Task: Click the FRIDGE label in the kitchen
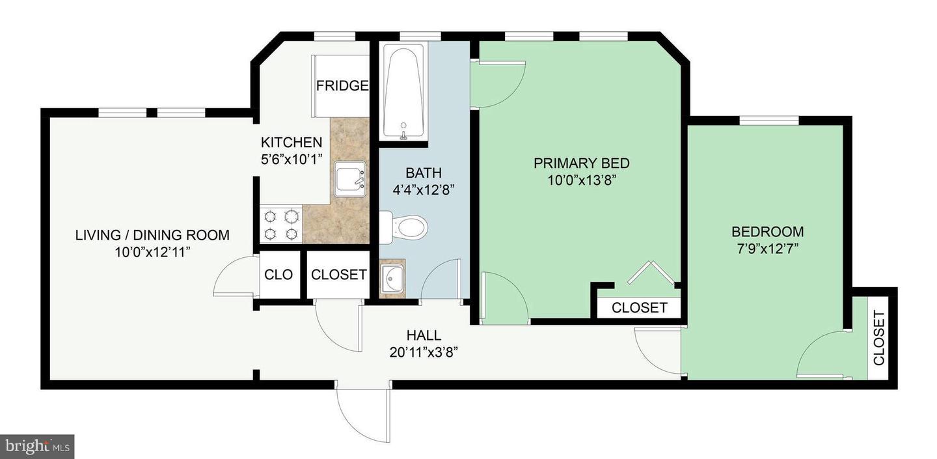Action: click(342, 86)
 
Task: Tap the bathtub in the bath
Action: click(403, 91)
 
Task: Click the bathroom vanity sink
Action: click(392, 280)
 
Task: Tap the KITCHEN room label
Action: click(291, 142)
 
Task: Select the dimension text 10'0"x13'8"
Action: click(581, 180)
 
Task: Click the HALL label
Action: click(424, 336)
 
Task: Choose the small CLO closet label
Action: click(278, 275)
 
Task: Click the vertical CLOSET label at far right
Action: click(878, 337)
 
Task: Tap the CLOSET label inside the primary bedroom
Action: click(639, 307)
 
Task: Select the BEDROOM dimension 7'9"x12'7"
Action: click(767, 248)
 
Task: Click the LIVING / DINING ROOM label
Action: click(152, 235)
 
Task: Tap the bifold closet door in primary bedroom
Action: click(649, 273)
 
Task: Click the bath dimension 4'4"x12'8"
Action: click(424, 190)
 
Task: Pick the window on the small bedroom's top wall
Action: click(768, 120)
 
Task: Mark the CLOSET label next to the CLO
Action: click(338, 275)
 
